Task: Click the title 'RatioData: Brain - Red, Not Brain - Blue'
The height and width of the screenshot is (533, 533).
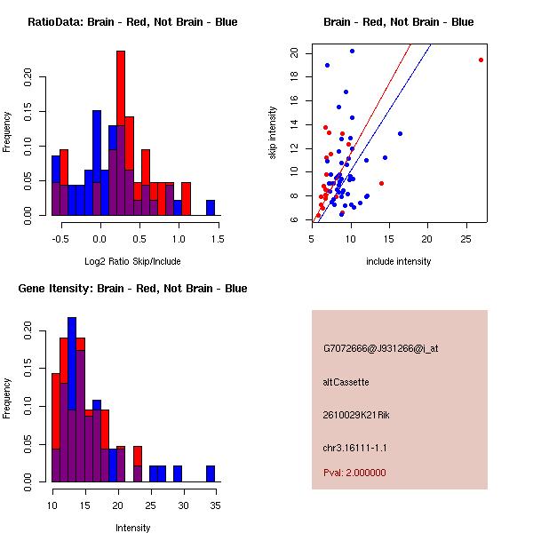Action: coord(132,21)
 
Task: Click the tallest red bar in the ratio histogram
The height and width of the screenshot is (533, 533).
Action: coord(120,133)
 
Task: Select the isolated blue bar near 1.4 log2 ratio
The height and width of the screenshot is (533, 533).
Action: coord(211,208)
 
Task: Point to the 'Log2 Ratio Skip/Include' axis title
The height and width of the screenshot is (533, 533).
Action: coord(132,261)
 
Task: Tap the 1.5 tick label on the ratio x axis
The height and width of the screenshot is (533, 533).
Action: coord(219,237)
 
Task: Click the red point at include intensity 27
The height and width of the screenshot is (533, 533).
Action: coord(481,60)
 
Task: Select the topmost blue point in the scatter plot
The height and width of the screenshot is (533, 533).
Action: coord(352,51)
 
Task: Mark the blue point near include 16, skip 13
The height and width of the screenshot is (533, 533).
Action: coord(400,133)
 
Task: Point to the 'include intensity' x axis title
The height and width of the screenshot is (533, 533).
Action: coord(399,261)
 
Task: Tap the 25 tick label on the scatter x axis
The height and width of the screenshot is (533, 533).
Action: coord(466,237)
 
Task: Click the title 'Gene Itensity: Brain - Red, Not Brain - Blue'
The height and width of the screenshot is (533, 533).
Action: coord(132,288)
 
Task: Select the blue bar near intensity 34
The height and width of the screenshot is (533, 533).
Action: coord(211,473)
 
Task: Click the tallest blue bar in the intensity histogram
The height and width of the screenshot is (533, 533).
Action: coord(72,400)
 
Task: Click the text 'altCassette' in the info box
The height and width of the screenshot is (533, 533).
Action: coord(346,382)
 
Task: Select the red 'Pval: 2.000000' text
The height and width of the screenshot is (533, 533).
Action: coord(354,473)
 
